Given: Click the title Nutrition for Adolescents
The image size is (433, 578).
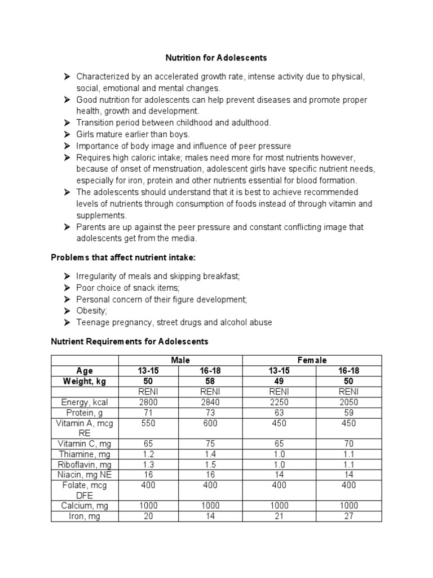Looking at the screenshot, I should pyautogui.click(x=216, y=58).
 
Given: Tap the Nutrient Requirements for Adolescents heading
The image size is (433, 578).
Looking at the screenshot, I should pyautogui.click(x=130, y=341).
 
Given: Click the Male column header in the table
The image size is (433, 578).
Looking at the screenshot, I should pyautogui.click(x=180, y=360).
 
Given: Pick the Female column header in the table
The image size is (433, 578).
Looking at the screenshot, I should pyautogui.click(x=312, y=360).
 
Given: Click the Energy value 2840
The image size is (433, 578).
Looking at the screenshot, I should pyautogui.click(x=210, y=402).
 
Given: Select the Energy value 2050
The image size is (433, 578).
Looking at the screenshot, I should pyautogui.click(x=348, y=402).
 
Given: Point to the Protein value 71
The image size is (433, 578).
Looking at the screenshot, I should pyautogui.click(x=148, y=413).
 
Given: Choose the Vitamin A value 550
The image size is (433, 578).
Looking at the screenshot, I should pyautogui.click(x=148, y=423).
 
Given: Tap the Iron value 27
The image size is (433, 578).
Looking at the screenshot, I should pyautogui.click(x=348, y=516).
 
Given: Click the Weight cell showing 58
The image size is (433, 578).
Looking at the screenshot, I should pyautogui.click(x=210, y=382).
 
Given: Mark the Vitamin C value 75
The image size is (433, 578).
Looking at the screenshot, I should pyautogui.click(x=210, y=444).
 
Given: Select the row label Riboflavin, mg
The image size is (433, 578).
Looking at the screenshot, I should pyautogui.click(x=85, y=465).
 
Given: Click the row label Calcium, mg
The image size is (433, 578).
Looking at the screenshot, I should pyautogui.click(x=85, y=506).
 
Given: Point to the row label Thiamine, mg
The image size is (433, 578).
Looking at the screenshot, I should pyautogui.click(x=85, y=454).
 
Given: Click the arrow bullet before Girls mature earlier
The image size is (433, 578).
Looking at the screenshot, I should pyautogui.click(x=67, y=134).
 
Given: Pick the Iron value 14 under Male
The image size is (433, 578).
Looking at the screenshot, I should pyautogui.click(x=210, y=516).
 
